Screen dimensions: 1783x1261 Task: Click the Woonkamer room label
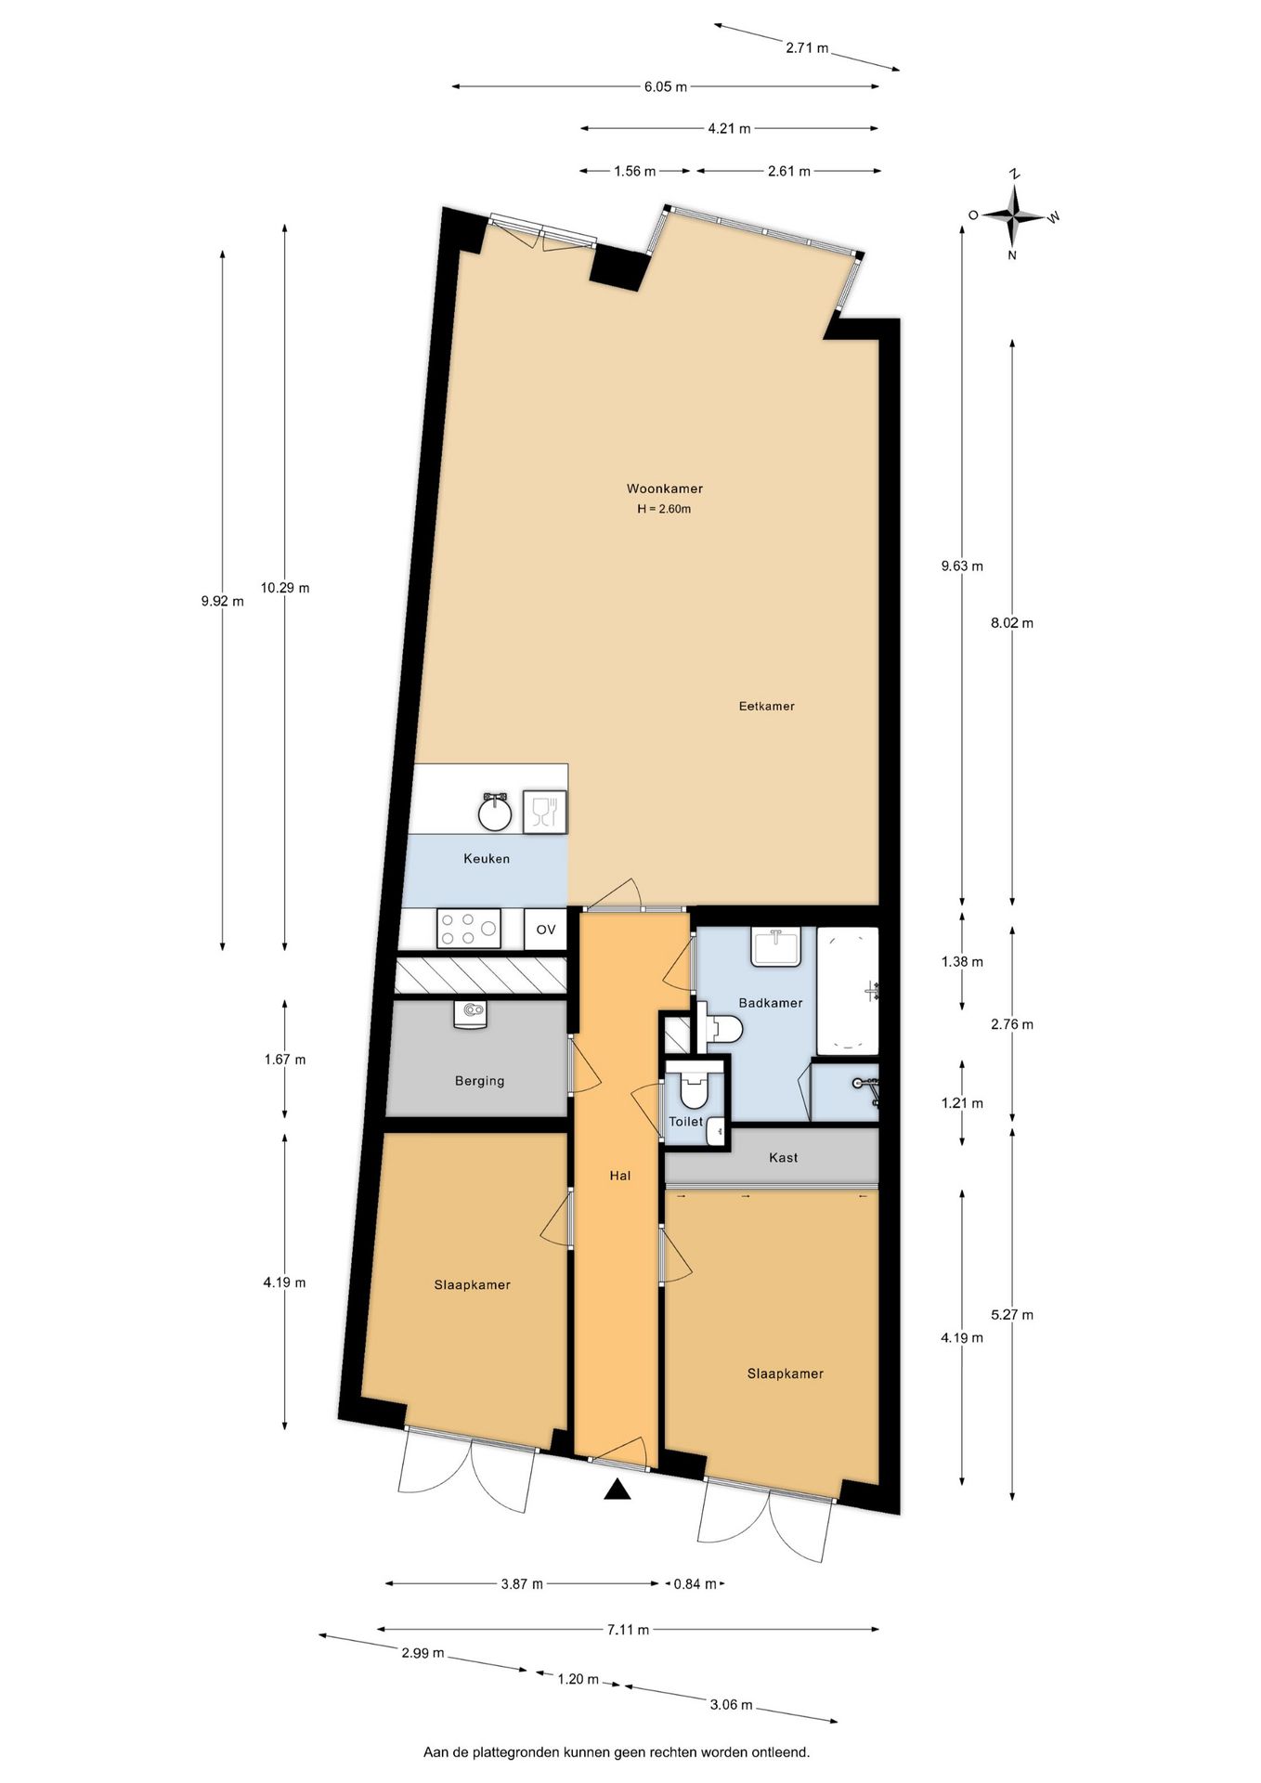click(664, 488)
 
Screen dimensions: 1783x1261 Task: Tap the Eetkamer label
click(766, 706)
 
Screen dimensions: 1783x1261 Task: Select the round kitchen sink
click(496, 813)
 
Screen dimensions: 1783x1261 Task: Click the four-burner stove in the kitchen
click(468, 929)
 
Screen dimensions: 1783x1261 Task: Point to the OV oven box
click(545, 930)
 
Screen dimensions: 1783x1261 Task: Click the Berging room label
click(479, 1081)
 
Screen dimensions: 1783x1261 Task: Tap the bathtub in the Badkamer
click(847, 991)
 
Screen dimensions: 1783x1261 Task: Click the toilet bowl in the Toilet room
click(694, 1090)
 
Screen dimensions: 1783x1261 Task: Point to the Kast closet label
click(783, 1158)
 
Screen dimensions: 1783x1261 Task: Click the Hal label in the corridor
click(619, 1176)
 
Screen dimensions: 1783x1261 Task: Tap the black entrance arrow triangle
click(617, 1490)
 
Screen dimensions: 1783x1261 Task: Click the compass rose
click(1015, 215)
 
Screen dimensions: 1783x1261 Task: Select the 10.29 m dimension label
click(285, 588)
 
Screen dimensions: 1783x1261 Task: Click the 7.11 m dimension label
click(628, 1629)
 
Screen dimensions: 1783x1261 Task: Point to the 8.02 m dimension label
click(1011, 623)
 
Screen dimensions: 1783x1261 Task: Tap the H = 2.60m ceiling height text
click(664, 509)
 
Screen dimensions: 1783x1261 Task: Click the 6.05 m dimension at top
click(665, 87)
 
